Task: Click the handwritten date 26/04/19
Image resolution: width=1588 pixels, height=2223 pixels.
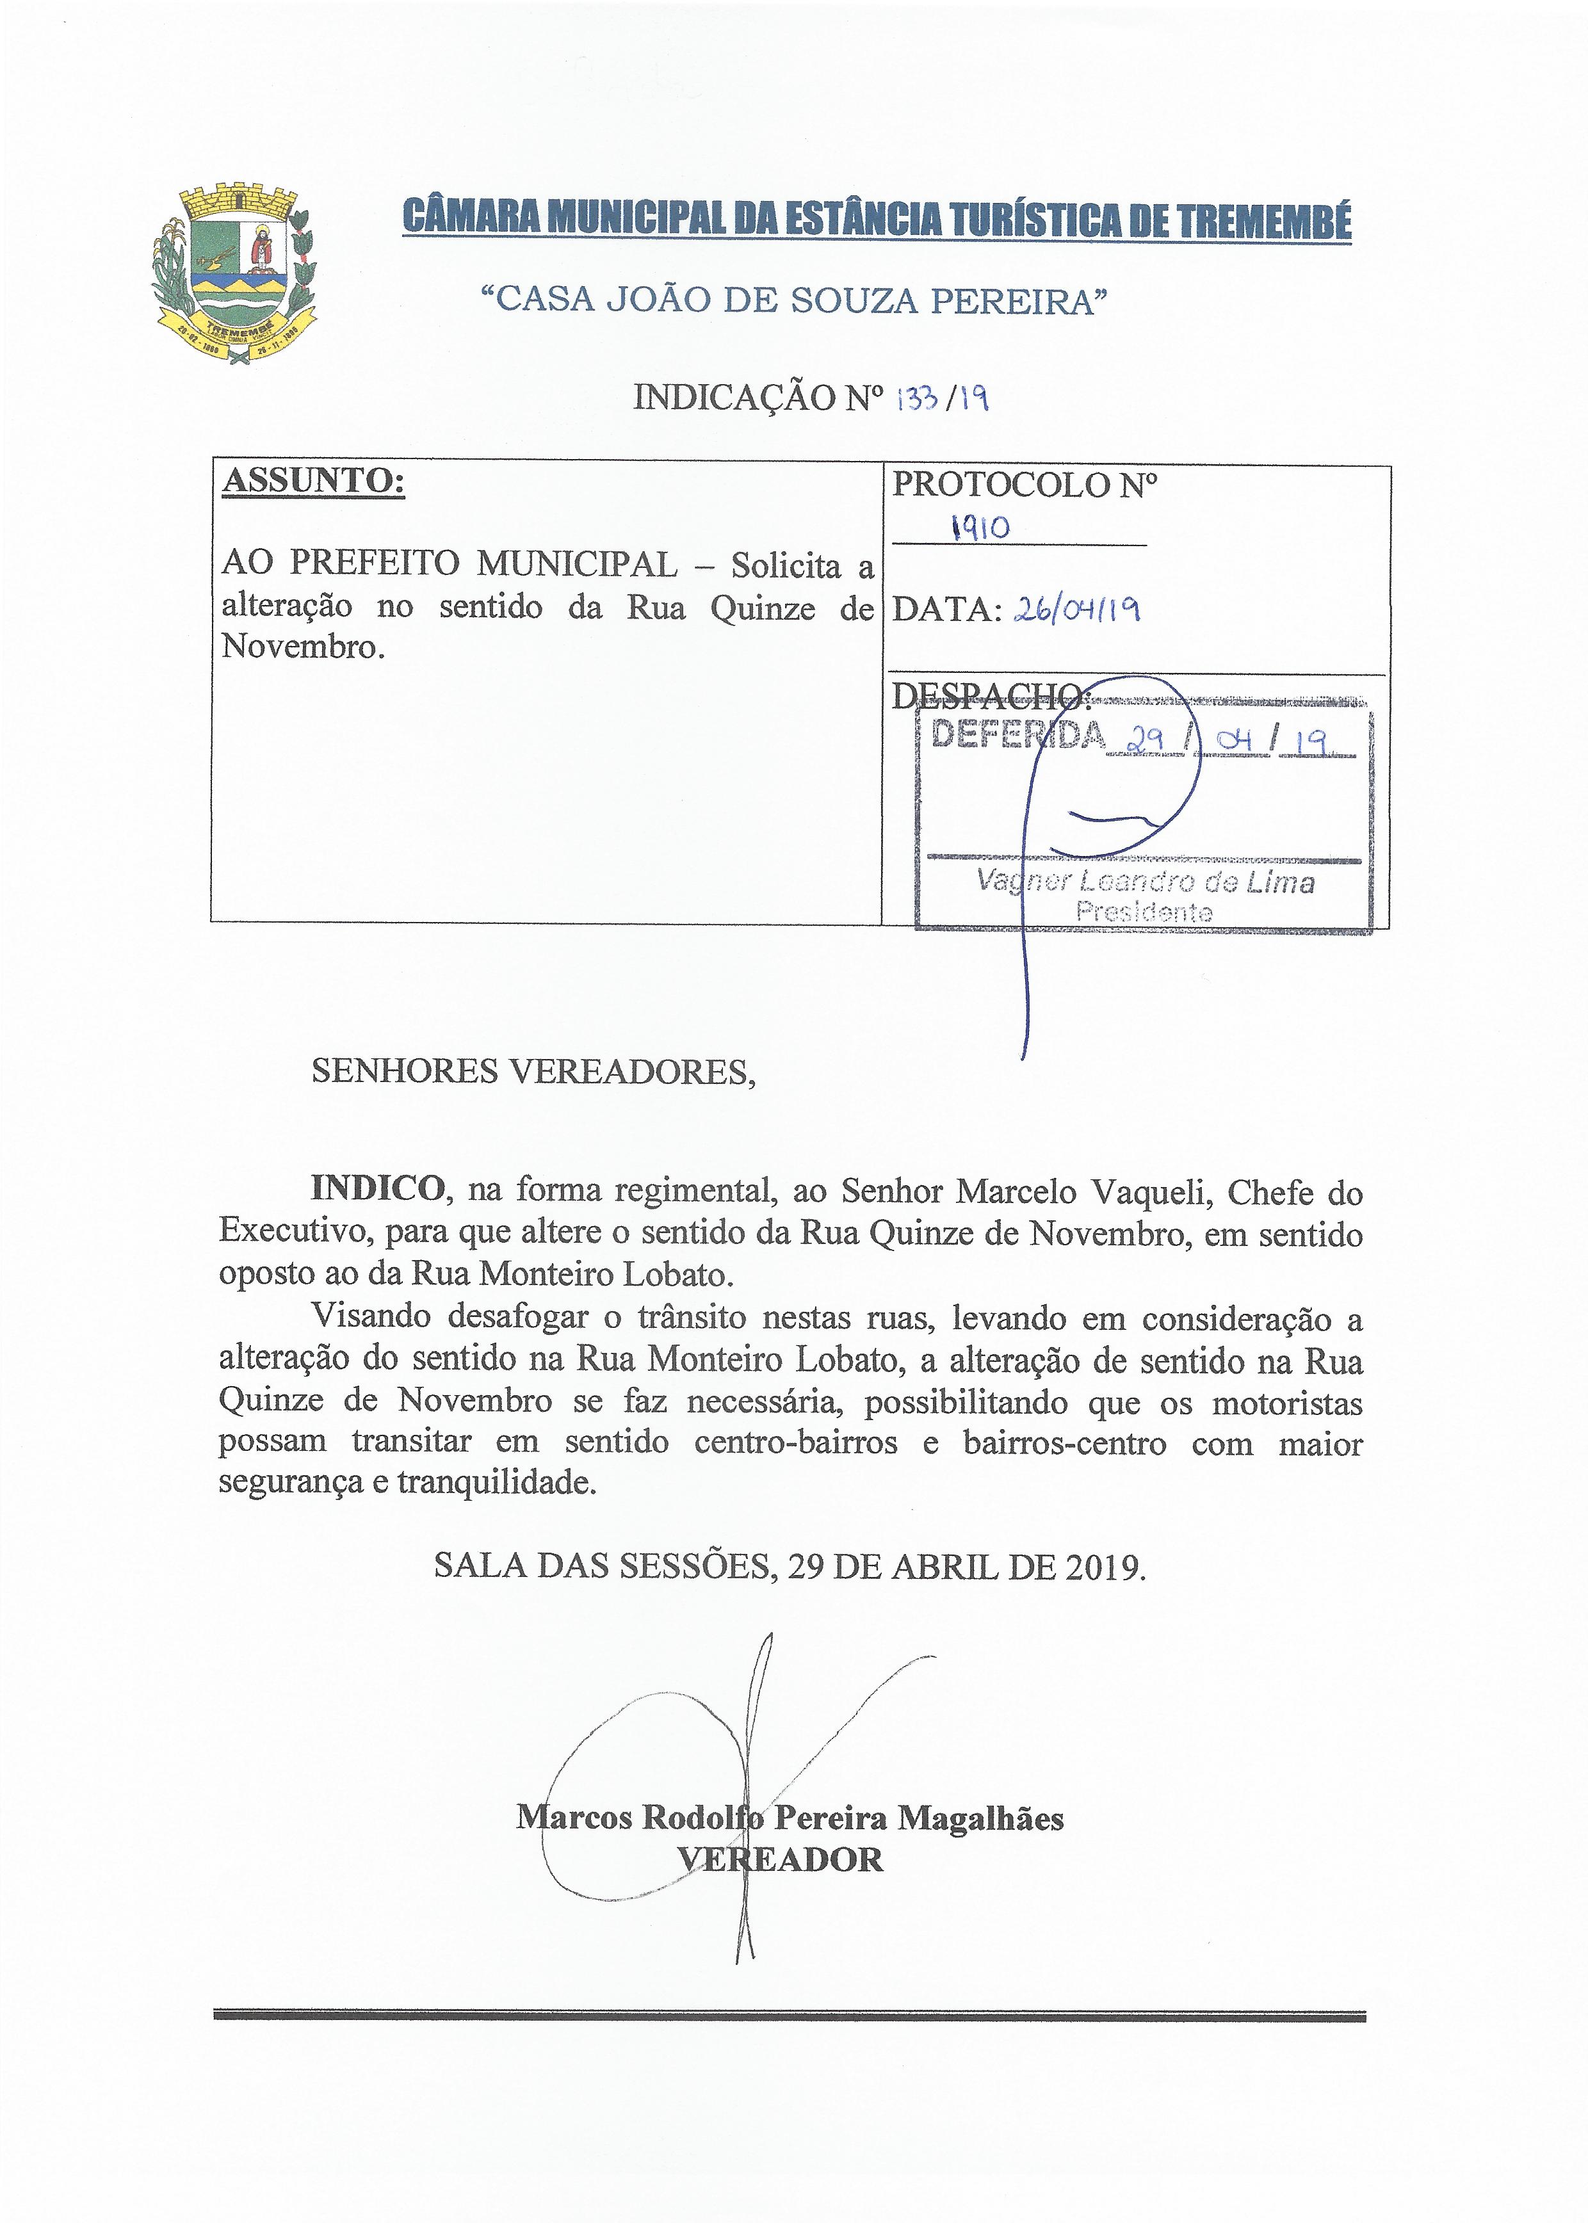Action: coord(1078,610)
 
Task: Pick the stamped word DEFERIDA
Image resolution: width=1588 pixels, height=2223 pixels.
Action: coord(1017,735)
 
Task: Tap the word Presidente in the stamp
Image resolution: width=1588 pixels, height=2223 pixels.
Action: coord(1144,912)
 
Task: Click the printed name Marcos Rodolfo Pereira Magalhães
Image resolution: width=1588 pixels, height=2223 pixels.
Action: coord(790,1817)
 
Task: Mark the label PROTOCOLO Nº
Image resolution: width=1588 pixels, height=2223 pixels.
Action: coord(1024,485)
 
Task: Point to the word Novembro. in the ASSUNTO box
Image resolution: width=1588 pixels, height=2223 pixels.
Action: coord(302,646)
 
